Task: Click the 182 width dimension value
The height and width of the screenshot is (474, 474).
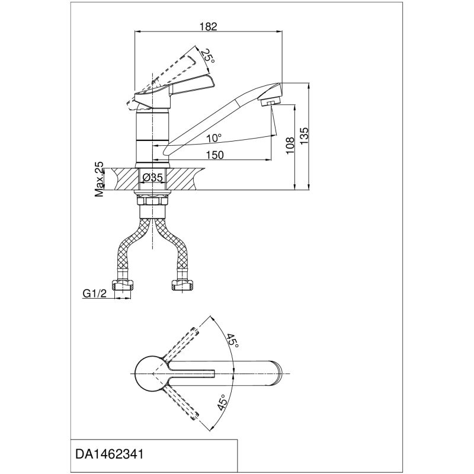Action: pos(209,26)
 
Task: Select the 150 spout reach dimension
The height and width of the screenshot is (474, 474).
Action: pos(215,155)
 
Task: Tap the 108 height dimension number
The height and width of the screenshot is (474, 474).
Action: pos(290,146)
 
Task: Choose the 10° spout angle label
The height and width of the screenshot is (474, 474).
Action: pos(214,138)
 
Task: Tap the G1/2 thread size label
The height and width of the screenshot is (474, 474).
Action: pos(93,292)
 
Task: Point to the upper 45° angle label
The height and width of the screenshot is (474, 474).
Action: pos(232,342)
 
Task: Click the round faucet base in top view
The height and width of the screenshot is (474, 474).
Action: pos(148,374)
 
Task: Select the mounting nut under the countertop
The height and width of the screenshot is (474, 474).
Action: pos(153,201)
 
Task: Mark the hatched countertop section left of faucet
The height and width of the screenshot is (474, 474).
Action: pos(121,178)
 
